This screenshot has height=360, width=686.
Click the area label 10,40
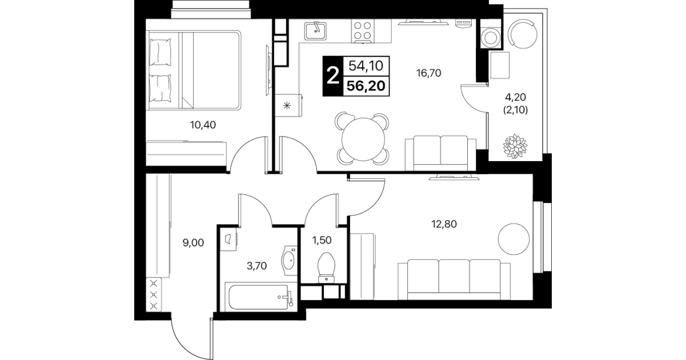(203, 125)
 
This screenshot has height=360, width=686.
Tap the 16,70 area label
(428, 73)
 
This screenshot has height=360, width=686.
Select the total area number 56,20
(366, 86)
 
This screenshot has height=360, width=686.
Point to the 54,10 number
(366, 66)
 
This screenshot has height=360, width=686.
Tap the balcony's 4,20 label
(515, 97)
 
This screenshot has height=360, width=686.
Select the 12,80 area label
(444, 224)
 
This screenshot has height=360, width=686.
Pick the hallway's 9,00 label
(193, 243)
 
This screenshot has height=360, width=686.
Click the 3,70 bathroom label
(256, 266)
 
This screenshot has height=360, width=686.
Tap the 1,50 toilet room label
(322, 240)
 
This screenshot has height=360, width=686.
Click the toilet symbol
(326, 267)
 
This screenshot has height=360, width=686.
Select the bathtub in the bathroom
(260, 297)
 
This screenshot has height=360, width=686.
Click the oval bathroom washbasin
(289, 261)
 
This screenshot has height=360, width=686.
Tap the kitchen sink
(315, 31)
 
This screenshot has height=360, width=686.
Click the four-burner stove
(363, 31)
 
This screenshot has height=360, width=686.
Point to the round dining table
(363, 139)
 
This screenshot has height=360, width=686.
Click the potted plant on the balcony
(515, 146)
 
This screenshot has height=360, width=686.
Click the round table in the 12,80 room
(514, 239)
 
